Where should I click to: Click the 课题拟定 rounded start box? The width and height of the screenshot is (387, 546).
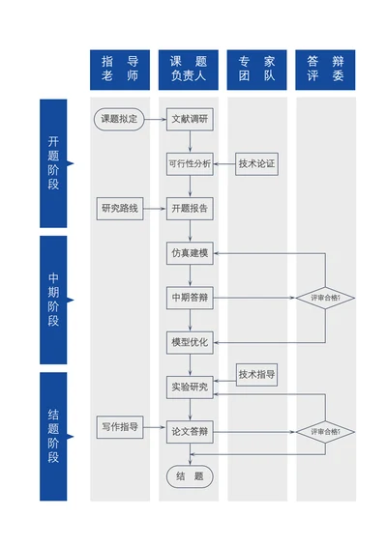tap(120, 120)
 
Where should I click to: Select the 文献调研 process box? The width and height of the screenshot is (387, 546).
tap(190, 120)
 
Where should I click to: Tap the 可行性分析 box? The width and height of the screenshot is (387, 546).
tap(190, 163)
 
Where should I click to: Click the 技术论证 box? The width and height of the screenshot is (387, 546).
tap(257, 163)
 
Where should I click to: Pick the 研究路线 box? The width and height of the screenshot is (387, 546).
tap(120, 208)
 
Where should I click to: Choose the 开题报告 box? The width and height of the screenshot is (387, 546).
tap(190, 208)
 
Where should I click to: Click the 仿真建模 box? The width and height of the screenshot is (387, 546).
tap(190, 253)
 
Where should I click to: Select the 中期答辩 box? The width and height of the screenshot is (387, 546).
tap(190, 298)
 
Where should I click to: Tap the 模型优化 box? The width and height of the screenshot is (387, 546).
tap(190, 342)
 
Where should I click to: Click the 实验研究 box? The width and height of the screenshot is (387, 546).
tap(190, 387)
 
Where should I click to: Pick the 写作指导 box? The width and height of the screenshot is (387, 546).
tap(120, 426)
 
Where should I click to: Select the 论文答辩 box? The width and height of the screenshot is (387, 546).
tap(190, 431)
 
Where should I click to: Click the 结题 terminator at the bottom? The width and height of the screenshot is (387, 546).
tap(190, 475)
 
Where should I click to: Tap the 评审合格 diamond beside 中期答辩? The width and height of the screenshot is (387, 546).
tap(325, 298)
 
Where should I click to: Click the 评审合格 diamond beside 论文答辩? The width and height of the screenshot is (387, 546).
tap(325, 431)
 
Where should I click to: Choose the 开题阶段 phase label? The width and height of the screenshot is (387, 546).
tap(53, 162)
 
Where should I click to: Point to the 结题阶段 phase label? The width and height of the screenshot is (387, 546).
tap(53, 436)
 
